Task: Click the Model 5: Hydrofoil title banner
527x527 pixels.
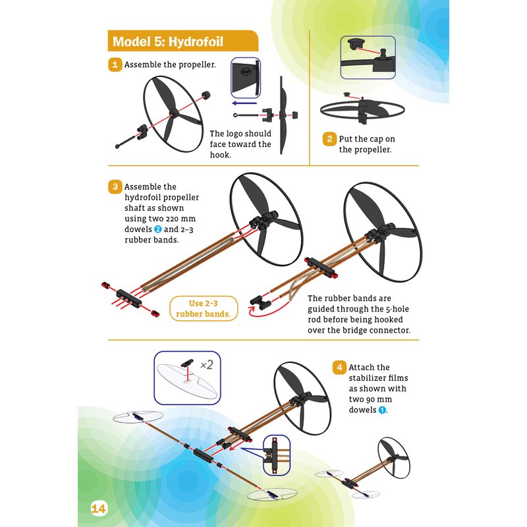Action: pyautogui.click(x=183, y=41)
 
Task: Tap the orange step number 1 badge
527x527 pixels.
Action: pyautogui.click(x=115, y=64)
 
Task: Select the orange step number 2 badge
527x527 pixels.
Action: pyautogui.click(x=329, y=139)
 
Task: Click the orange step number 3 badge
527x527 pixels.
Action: pyautogui.click(x=115, y=186)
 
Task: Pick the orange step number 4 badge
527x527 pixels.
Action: pyautogui.click(x=339, y=368)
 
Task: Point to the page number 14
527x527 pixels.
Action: pyautogui.click(x=98, y=509)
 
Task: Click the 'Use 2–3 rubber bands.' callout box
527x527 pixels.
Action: pyautogui.click(x=204, y=308)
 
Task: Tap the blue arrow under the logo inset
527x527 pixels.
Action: pyautogui.click(x=244, y=103)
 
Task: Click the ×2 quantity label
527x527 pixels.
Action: pyautogui.click(x=207, y=365)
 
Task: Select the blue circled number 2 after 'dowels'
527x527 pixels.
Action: pyautogui.click(x=157, y=229)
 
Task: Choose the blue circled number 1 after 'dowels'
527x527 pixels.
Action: pyautogui.click(x=382, y=410)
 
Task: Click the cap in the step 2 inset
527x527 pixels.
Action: pyautogui.click(x=353, y=43)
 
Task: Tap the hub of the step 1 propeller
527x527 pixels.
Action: pyautogui.click(x=173, y=113)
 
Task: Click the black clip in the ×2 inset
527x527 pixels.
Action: pyautogui.click(x=187, y=364)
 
